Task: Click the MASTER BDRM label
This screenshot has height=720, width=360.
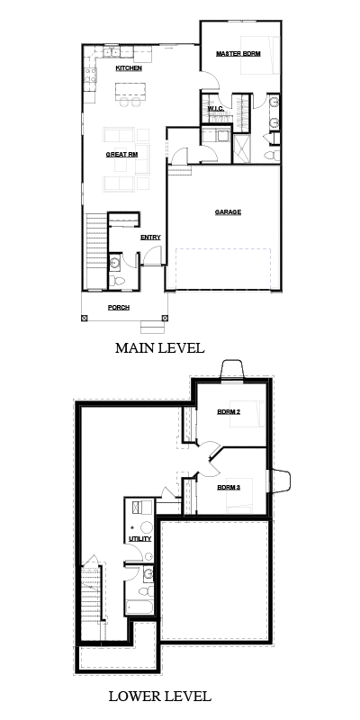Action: coord(238,54)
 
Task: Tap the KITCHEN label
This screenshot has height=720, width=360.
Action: coord(129,68)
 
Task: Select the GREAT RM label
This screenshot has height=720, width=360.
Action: coord(121,155)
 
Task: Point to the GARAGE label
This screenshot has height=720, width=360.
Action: coord(228,212)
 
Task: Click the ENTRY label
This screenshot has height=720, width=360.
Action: coord(150,238)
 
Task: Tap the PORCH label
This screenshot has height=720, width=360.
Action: coord(119,308)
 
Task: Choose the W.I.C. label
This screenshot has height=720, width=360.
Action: coord(215,108)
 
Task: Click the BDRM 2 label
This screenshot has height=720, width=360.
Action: coord(229,411)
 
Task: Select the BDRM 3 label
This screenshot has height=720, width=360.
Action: coord(229,487)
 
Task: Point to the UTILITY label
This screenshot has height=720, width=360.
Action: coord(140,538)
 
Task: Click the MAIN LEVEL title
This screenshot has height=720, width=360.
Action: coord(160,348)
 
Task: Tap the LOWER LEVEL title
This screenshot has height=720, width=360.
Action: coord(160,696)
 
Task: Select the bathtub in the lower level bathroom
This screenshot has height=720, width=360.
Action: coord(139,607)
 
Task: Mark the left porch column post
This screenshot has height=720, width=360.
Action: coord(84,318)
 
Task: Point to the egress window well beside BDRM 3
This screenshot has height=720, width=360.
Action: coord(280,481)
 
